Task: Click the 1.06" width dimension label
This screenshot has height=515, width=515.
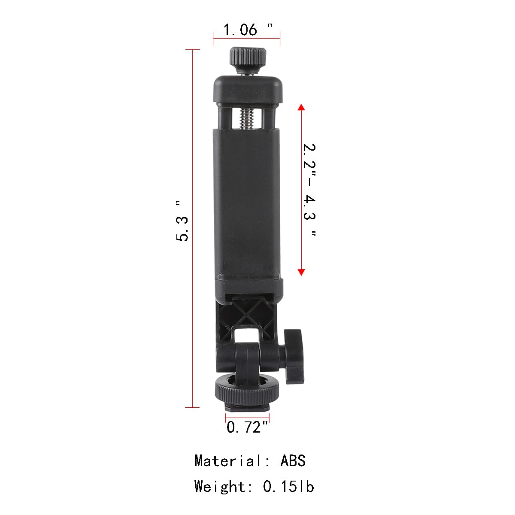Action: tap(247, 30)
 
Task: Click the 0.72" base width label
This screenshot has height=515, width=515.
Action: tap(247, 427)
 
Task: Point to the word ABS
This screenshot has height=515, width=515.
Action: tap(293, 460)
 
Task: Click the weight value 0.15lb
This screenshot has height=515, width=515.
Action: tap(288, 486)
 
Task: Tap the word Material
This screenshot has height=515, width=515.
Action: tap(227, 460)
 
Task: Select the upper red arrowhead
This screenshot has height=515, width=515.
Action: tap(301, 107)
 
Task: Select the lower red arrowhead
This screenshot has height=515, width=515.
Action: tap(301, 271)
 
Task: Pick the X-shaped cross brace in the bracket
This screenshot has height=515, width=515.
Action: tap(248, 313)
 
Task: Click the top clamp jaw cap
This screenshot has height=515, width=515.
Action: tap(248, 89)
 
